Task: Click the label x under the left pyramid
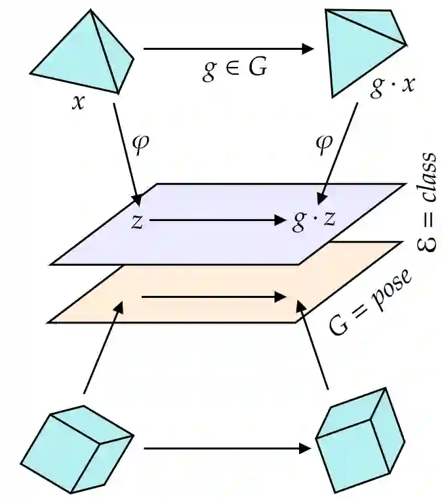79,103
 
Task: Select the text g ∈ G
234,68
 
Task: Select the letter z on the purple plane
136,222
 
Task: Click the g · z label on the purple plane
314,221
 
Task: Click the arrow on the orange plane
214,298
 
